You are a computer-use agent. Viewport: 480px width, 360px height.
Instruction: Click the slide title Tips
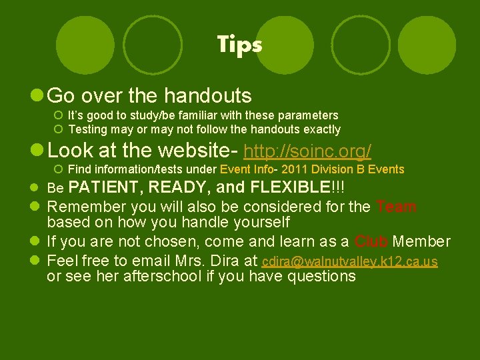pyautogui.click(x=239, y=45)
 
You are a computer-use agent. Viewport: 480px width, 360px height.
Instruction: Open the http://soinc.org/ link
pyautogui.click(x=308, y=151)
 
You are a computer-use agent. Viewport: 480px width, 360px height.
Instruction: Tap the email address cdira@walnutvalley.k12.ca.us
pyautogui.click(x=350, y=261)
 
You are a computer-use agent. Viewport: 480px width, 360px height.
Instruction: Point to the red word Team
pyautogui.click(x=396, y=207)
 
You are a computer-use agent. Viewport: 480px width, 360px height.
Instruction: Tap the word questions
pyautogui.click(x=322, y=276)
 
